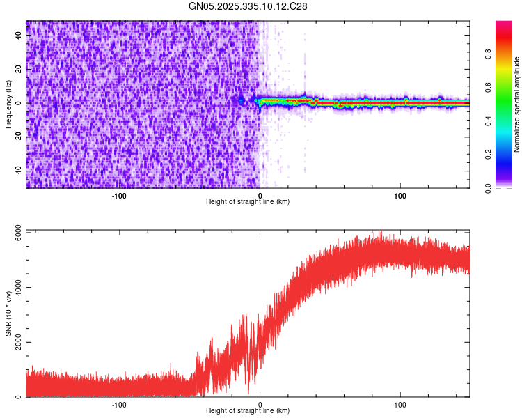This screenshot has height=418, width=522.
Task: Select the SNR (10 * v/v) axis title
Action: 8,313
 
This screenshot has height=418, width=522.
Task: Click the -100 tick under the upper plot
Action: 119,195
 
